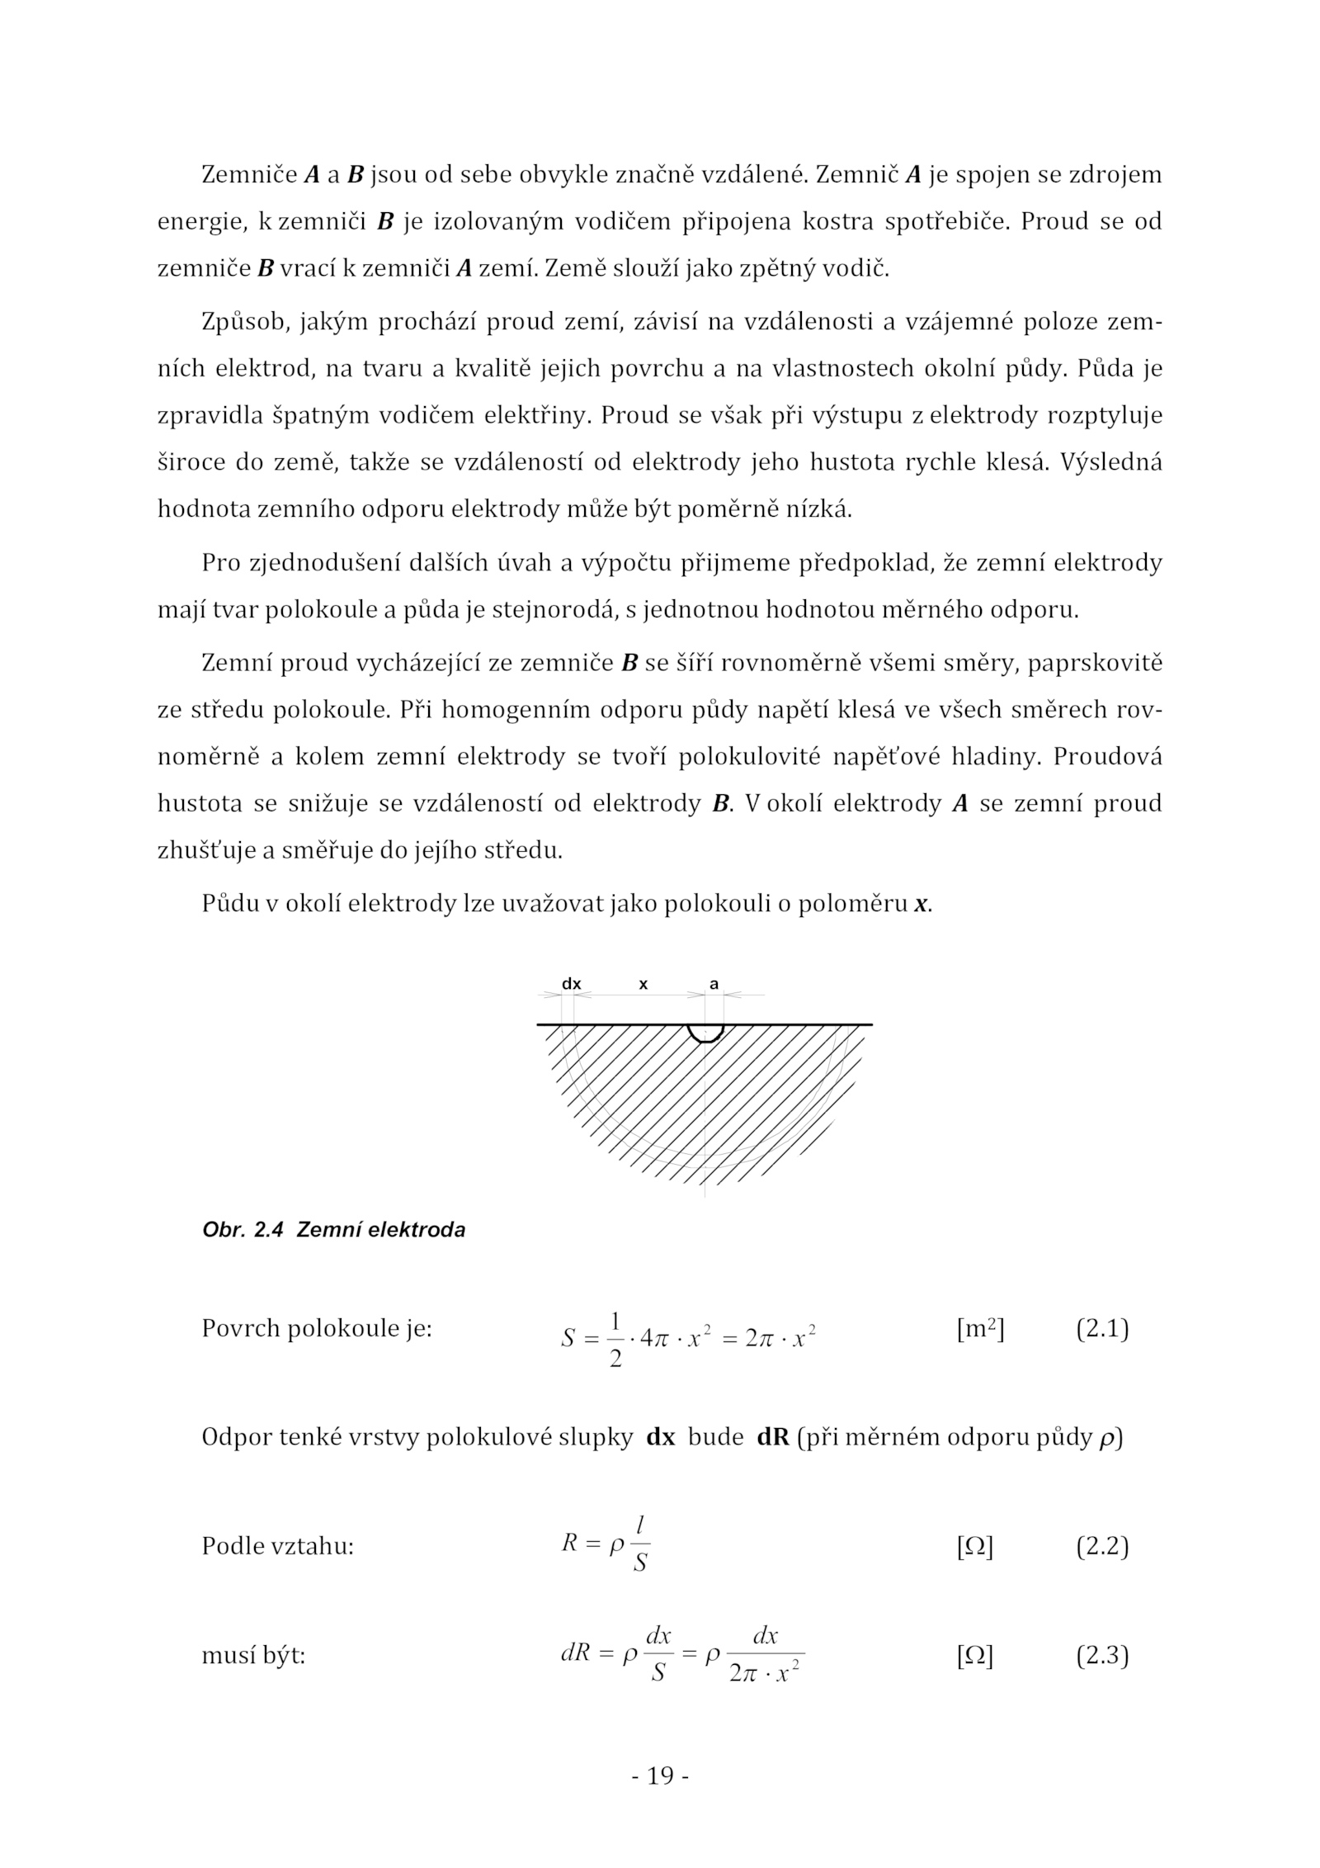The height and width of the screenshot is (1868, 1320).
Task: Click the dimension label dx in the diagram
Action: coord(571,984)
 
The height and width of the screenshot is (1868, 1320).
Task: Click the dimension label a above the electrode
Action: coord(714,984)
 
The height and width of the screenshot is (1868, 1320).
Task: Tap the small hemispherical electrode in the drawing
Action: coord(705,1033)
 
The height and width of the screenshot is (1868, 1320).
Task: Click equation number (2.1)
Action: coord(1101,1329)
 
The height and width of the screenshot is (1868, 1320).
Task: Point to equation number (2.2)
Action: coord(1101,1546)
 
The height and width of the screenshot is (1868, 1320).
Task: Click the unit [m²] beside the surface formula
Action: coord(980,1329)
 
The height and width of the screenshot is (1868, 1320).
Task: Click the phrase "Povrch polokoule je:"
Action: coord(317,1329)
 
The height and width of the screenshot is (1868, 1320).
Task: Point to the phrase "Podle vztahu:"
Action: coord(277,1546)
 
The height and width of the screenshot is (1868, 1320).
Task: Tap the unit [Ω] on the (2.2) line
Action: coord(974,1546)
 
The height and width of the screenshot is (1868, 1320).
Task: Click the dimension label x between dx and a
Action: coord(643,984)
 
